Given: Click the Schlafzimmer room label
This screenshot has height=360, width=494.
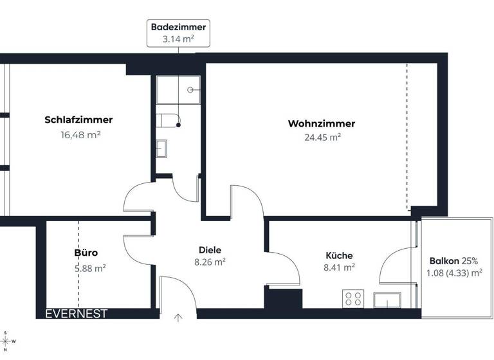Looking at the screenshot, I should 78,120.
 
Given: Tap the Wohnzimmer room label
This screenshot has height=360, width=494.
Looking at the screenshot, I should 321,123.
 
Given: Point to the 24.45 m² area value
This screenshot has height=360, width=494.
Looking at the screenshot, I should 322,137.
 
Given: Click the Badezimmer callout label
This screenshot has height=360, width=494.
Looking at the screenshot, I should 179,27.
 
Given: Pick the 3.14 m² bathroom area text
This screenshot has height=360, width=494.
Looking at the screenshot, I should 179,39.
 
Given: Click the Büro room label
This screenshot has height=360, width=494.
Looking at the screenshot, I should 86,253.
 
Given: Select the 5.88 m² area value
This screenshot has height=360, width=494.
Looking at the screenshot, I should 90,269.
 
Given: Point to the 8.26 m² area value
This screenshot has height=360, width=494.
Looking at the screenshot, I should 210,262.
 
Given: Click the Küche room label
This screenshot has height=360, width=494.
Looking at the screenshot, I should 339,255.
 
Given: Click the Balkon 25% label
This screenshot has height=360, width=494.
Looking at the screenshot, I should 453,260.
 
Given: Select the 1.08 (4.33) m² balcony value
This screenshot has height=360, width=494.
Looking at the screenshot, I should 454,273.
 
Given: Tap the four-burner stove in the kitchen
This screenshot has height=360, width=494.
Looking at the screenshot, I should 352,298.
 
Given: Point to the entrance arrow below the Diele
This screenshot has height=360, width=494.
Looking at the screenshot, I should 178,316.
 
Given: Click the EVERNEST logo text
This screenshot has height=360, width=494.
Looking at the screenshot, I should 76,314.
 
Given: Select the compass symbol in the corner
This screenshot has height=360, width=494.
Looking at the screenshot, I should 6,340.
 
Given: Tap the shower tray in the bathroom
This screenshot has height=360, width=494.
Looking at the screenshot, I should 178,89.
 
